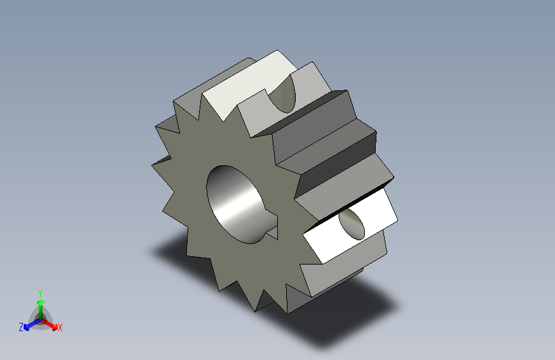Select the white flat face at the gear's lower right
click(349, 229)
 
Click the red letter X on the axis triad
click(60, 328)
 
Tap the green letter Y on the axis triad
click(40, 291)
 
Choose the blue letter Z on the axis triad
click(21, 327)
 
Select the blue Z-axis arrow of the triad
click(29, 325)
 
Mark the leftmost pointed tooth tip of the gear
click(152, 165)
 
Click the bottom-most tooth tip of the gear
click(257, 311)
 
